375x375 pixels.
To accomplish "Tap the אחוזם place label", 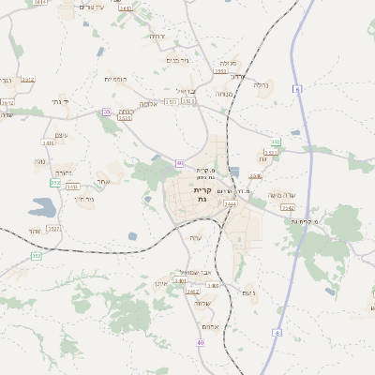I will (x=210, y=326).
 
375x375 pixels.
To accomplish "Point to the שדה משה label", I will (x=282, y=195).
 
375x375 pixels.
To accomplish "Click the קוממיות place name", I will (x=116, y=79).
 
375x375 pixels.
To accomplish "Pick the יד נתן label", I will (x=58, y=100).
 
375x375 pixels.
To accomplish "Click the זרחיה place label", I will (x=157, y=37).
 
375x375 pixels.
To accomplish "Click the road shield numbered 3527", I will (x=52, y=228).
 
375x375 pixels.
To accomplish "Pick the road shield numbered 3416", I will (x=49, y=142).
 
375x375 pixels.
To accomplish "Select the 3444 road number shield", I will (x=231, y=202).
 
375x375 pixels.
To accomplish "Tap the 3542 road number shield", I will (x=288, y=207).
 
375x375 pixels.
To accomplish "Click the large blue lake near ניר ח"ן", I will (x=44, y=206).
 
